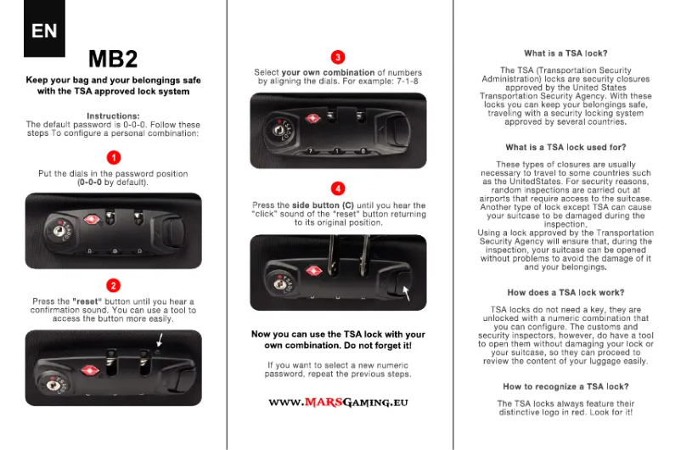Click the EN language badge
[44, 31]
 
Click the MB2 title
[113, 59]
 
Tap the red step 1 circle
[114, 157]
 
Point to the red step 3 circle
[338, 57]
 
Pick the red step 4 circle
[338, 188]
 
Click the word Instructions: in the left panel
[113, 115]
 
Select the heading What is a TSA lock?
[566, 53]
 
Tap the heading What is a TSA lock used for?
[566, 147]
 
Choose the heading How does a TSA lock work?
[566, 292]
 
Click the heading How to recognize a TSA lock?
[566, 386]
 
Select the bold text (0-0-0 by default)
[113, 183]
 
